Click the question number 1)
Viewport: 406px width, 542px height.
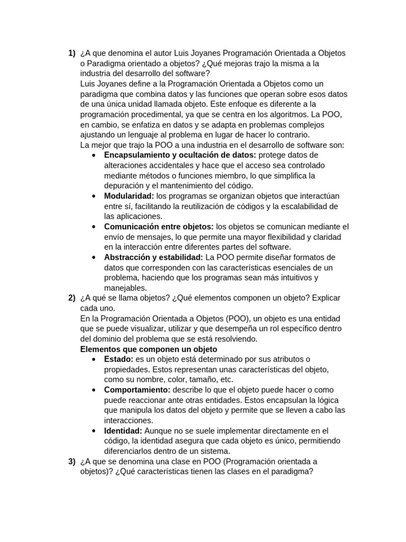(x=72, y=53)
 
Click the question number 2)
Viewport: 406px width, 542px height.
(x=72, y=298)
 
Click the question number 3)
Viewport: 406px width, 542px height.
(x=72, y=462)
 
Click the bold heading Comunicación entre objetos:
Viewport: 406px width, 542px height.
(x=159, y=227)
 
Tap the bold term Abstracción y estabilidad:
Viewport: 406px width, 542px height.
(x=153, y=257)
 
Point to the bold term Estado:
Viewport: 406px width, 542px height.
(x=118, y=359)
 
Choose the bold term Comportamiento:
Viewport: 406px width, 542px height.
(x=137, y=390)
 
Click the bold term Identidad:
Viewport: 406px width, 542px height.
(x=123, y=431)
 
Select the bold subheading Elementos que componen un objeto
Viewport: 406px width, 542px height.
(x=149, y=349)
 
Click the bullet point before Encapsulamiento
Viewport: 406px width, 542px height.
(x=94, y=155)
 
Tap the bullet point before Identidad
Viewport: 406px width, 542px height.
(x=94, y=431)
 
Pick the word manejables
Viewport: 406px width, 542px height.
(x=125, y=288)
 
